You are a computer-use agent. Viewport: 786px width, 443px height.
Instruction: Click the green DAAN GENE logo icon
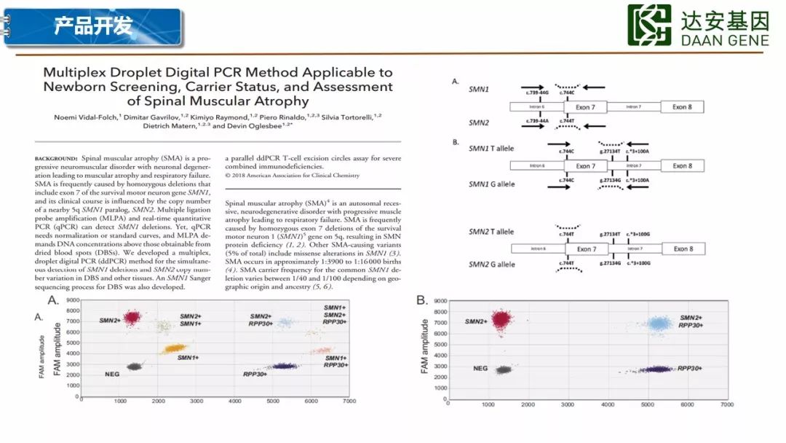pos(649,25)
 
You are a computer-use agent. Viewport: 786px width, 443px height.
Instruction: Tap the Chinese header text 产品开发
pos(92,26)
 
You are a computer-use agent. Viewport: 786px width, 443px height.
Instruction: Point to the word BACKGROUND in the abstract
pos(56,157)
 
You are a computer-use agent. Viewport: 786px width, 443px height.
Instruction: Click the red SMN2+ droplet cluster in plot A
pos(131,318)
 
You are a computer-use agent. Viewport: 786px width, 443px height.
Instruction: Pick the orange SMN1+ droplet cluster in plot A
pos(174,349)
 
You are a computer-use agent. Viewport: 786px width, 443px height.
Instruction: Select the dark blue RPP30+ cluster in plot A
pos(282,366)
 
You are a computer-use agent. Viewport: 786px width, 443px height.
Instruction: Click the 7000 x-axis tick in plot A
pos(349,401)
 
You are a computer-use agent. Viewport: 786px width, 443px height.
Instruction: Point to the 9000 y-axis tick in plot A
pos(71,300)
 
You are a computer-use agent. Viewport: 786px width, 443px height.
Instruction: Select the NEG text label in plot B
pos(480,368)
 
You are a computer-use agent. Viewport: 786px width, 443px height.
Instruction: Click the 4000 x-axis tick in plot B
pos(609,404)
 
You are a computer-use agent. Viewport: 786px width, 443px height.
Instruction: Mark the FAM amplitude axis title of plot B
pos(425,346)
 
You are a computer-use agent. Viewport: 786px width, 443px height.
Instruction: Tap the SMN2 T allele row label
pos(491,232)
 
